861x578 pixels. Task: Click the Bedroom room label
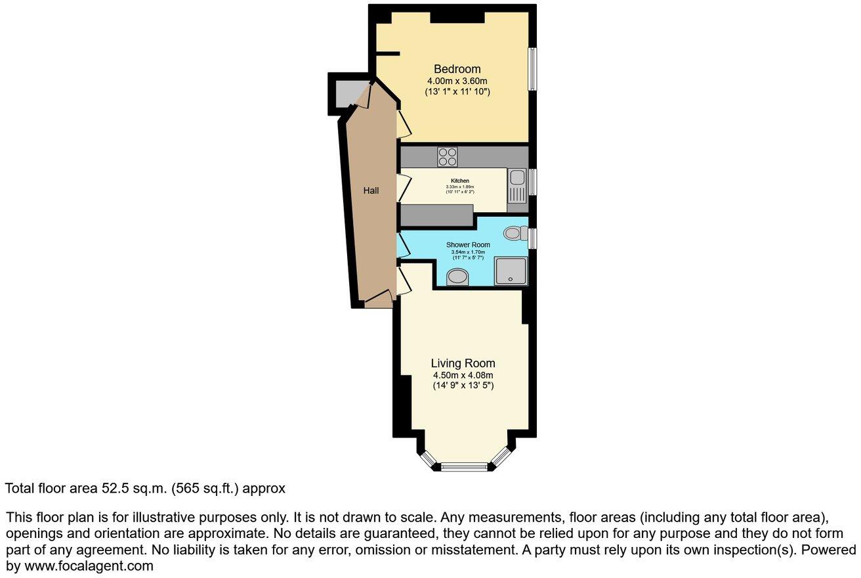coord(457,69)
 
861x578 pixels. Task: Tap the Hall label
coord(371,190)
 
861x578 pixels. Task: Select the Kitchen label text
coord(459,181)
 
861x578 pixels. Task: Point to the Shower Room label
coord(468,245)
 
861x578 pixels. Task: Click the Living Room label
coord(463,363)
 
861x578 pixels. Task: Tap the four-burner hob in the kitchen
coord(448,157)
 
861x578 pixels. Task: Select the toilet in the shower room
coord(516,233)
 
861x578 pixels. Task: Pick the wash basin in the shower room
coord(457,278)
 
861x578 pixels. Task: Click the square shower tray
coord(511,271)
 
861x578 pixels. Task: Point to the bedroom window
coord(534,69)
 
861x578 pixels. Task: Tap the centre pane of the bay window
coord(464,467)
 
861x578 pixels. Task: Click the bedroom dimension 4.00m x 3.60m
coord(457,81)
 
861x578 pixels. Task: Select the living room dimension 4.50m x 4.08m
coord(463,375)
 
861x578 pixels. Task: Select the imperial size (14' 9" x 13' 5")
coord(463,386)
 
